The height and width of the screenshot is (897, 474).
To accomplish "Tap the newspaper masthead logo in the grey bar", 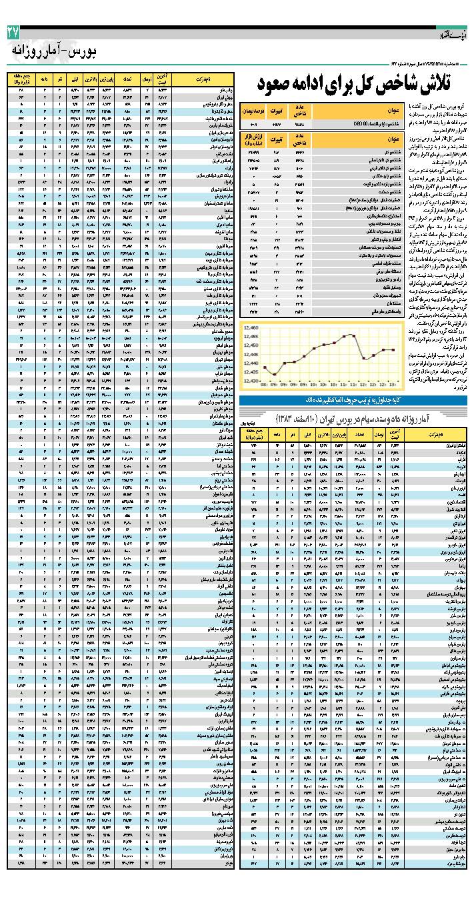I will (454, 31).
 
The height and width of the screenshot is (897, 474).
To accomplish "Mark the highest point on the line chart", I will (353, 335).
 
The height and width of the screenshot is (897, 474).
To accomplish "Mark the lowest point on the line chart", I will (274, 375).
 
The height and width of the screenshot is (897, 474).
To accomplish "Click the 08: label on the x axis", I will (265, 385).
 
